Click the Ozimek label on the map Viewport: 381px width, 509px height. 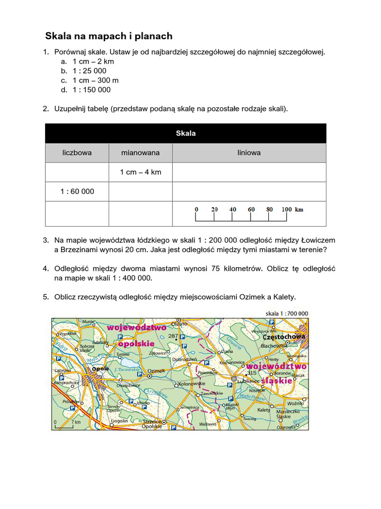[x=156, y=371]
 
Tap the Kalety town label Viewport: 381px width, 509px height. [x=263, y=410]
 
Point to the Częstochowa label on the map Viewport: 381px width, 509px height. [x=283, y=337]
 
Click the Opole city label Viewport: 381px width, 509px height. [x=100, y=369]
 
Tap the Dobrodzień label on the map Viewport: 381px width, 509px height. [x=185, y=359]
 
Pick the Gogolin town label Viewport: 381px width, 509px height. [x=119, y=421]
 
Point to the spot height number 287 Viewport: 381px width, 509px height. [x=173, y=337]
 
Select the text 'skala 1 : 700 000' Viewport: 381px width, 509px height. [x=287, y=314]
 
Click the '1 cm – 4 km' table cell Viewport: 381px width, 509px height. [x=140, y=172]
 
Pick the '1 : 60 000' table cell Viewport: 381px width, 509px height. [x=77, y=191]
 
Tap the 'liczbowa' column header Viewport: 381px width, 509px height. [x=77, y=153]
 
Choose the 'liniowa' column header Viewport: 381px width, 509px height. [x=249, y=153]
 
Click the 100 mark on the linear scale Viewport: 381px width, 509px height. [x=287, y=209]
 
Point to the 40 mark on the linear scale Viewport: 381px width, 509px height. [x=233, y=209]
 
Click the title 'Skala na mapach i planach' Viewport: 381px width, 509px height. [x=109, y=36]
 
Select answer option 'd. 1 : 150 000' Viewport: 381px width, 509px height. [x=92, y=89]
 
